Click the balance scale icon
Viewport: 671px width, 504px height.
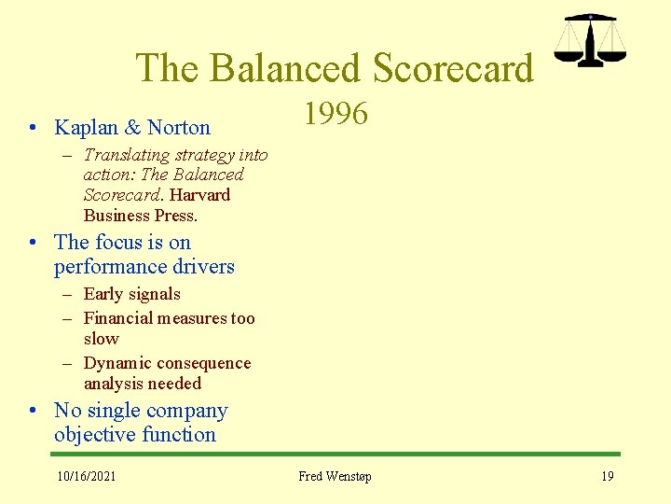tap(591, 40)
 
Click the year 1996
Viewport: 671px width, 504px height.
tap(335, 114)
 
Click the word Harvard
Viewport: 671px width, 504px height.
tap(199, 195)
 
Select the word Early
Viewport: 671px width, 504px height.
tap(104, 294)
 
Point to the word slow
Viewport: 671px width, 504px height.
tap(102, 339)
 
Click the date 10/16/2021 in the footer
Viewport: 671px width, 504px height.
tap(87, 477)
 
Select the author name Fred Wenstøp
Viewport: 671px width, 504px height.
tap(335, 477)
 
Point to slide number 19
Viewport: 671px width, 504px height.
tap(607, 477)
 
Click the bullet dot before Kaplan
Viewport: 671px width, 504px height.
tap(33, 128)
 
